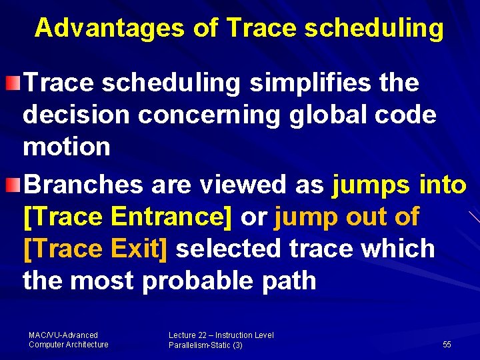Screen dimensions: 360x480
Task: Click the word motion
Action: click(x=67, y=146)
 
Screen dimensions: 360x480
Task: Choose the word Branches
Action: click(x=84, y=184)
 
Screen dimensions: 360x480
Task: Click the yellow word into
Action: click(x=443, y=184)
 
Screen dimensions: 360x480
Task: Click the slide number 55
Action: click(x=447, y=345)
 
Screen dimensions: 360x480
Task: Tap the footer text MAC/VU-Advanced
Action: click(x=63, y=335)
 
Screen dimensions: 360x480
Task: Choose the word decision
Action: click(x=76, y=115)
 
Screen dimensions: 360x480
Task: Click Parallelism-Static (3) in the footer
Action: click(x=205, y=345)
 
